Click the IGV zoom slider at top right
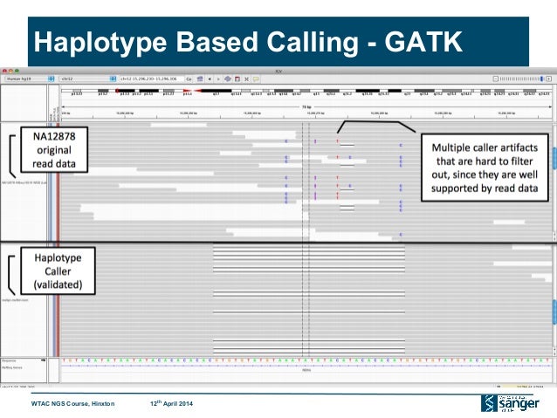point(524,78)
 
